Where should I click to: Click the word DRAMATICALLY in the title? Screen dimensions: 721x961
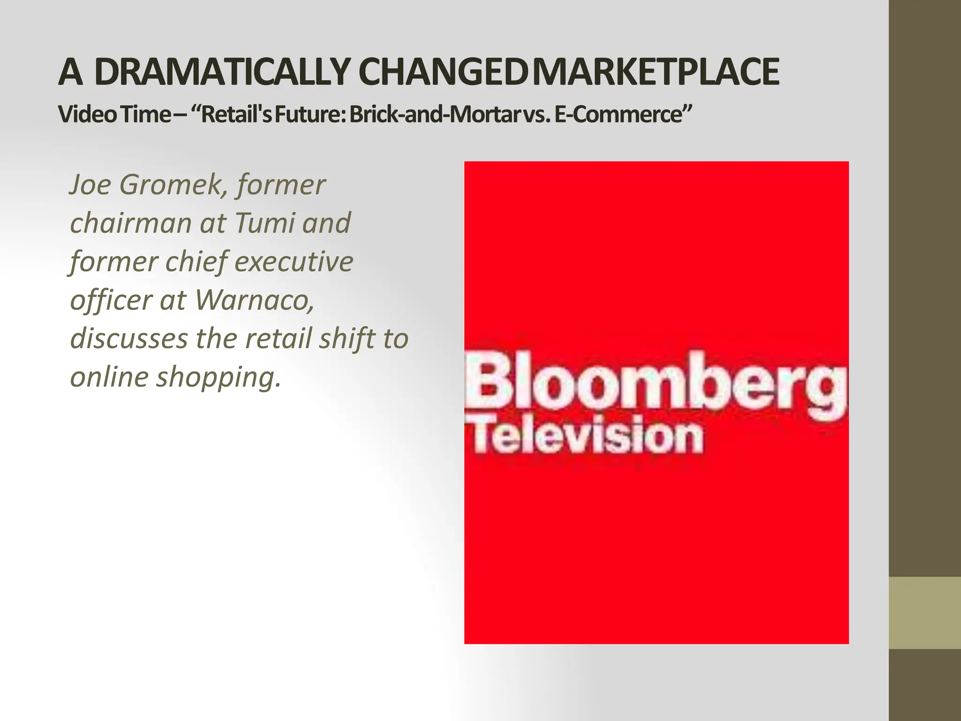click(221, 72)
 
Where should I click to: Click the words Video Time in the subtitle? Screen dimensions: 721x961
click(114, 115)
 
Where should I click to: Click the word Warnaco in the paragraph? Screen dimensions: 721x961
click(253, 299)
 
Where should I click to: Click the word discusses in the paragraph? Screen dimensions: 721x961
click(129, 338)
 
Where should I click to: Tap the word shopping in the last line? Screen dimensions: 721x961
click(218, 377)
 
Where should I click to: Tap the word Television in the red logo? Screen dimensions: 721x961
click(587, 437)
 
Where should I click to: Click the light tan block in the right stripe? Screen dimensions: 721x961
click(924, 613)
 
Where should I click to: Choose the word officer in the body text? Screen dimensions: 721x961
click(110, 300)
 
